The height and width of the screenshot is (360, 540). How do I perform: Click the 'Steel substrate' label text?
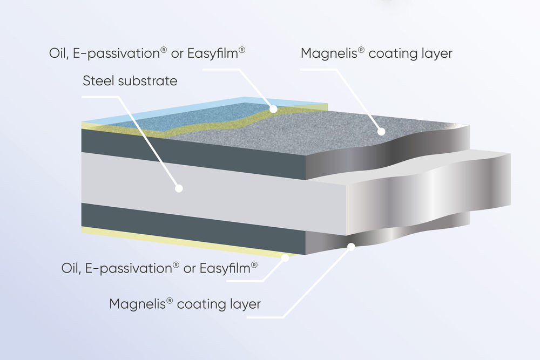[130, 81]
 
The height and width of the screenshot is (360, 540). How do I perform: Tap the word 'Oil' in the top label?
[57, 55]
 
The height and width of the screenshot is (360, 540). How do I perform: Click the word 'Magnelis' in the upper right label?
[327, 54]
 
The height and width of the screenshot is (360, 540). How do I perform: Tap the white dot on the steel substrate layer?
[179, 188]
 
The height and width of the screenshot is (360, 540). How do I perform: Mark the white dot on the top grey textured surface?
[381, 131]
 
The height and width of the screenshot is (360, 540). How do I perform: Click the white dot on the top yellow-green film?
[274, 109]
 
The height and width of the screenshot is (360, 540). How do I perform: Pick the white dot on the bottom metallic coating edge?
[351, 247]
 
